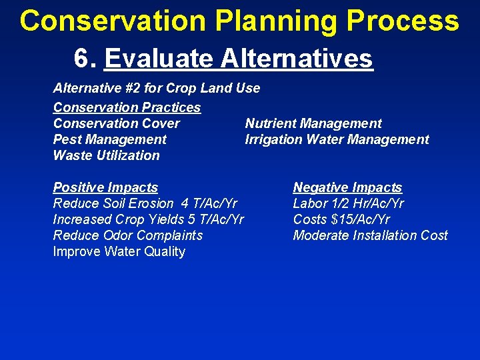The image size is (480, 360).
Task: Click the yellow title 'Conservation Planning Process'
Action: (239, 21)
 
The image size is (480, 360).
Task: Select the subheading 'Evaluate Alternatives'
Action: (239, 59)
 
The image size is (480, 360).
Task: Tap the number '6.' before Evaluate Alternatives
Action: (87, 59)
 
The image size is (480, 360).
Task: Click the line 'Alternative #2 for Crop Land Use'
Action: (157, 88)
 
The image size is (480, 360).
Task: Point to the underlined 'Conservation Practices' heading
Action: (127, 107)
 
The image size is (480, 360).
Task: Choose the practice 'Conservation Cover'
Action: (117, 123)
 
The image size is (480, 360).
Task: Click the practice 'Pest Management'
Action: (110, 139)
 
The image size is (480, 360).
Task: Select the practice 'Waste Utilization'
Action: (107, 155)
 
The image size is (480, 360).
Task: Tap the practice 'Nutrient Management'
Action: (313, 123)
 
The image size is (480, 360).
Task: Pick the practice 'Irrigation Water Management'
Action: (337, 139)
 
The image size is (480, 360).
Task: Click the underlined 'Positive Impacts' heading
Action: (105, 187)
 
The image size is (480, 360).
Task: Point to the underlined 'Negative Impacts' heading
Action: (347, 187)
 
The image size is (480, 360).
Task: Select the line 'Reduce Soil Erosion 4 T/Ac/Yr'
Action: (145, 203)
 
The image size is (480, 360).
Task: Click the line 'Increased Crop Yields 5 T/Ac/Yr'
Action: (149, 219)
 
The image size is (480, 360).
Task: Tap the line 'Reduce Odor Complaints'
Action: (128, 235)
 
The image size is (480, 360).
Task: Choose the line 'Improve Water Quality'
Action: (119, 251)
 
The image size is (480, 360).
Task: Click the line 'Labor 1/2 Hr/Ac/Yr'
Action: (349, 203)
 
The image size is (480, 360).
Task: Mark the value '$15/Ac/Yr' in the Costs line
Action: (361, 219)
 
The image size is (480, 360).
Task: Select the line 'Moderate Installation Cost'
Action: (371, 235)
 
